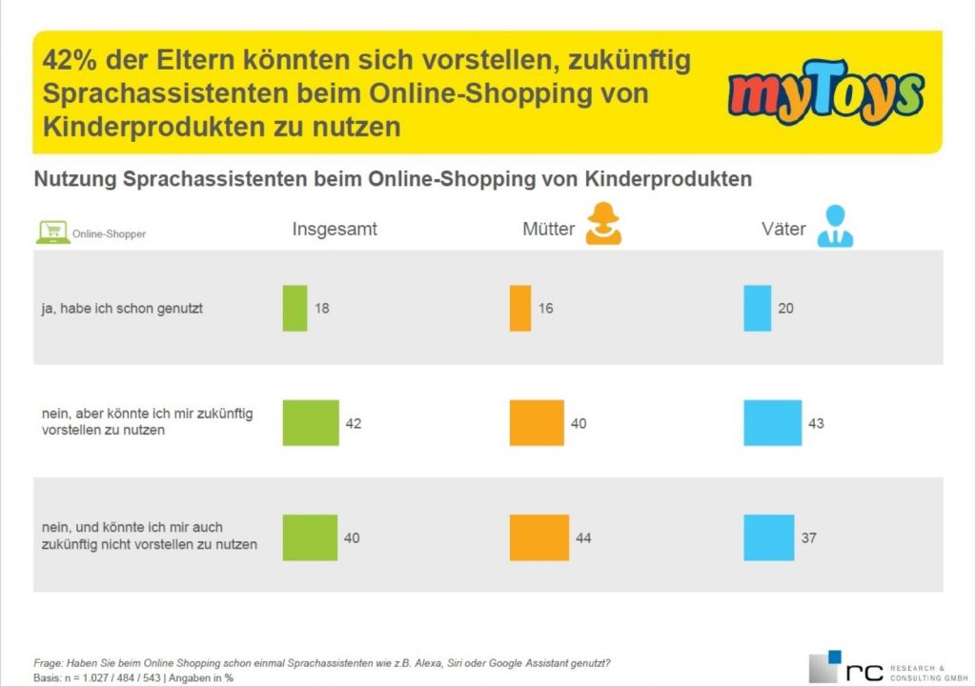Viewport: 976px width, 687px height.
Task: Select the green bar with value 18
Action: (295, 309)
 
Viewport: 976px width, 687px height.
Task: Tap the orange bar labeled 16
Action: (520, 309)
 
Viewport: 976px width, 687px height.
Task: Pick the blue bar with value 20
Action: (757, 309)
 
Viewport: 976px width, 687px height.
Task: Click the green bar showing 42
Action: (311, 422)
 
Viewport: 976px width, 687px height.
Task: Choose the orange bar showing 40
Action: (537, 422)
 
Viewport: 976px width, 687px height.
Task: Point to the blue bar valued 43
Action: (773, 422)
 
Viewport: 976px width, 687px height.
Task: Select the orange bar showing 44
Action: (539, 537)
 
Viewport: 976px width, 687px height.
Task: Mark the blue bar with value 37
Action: (768, 537)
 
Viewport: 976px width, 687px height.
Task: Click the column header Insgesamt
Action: (335, 230)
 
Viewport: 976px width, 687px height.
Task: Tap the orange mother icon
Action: (603, 225)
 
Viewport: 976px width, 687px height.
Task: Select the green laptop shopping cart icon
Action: (52, 232)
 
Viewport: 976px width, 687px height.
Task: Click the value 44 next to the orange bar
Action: (582, 538)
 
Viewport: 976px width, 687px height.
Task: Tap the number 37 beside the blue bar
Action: (808, 538)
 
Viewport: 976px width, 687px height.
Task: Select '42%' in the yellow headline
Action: (70, 61)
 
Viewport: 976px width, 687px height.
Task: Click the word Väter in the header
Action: (784, 230)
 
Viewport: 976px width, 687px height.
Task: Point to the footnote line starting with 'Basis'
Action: (133, 677)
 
